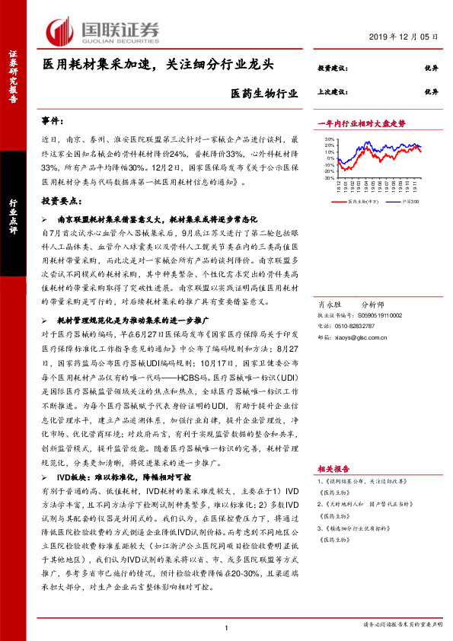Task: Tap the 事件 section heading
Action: pos(54,122)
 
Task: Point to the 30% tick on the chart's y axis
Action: pos(328,139)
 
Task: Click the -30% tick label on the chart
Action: pos(327,178)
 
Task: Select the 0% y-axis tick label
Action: pos(330,159)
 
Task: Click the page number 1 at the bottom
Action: pos(227,626)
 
